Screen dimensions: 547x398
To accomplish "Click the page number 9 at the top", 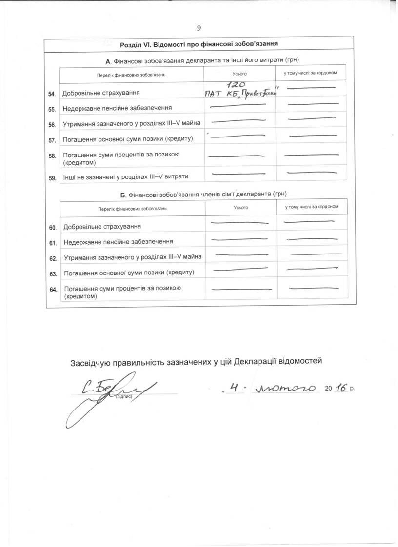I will (x=199, y=28).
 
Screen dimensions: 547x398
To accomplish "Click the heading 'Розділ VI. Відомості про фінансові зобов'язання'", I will (x=199, y=44).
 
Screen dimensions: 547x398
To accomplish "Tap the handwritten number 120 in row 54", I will (x=238, y=84).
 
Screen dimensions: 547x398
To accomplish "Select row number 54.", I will (x=52, y=93).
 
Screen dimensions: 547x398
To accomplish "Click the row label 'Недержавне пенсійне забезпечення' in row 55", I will (x=117, y=107).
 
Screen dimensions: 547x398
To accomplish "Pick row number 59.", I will (x=52, y=178).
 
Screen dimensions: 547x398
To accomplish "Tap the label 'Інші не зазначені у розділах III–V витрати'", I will (x=125, y=176).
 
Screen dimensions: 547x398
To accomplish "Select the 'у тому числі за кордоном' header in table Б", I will (x=312, y=207).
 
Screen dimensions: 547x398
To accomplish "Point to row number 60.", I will (x=53, y=228).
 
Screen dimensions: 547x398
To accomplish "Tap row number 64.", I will (x=53, y=290).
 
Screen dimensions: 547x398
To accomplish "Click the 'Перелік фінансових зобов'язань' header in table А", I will (x=132, y=74).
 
